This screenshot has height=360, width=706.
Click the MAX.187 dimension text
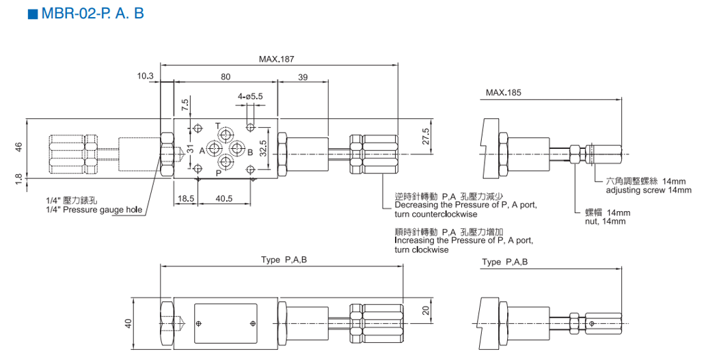(x=276, y=59)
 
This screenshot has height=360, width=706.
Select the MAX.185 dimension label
(x=504, y=92)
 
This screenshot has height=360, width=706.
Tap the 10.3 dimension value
(x=146, y=76)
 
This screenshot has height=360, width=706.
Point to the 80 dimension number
(x=225, y=77)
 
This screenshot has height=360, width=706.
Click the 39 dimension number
(x=303, y=77)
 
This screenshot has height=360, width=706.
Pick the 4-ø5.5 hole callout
(x=250, y=96)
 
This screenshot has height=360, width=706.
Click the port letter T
(x=217, y=126)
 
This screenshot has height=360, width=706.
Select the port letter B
(x=250, y=152)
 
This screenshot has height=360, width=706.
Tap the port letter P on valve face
(x=218, y=174)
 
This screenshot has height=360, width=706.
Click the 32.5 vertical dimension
(x=264, y=148)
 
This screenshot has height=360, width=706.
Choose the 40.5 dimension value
(x=223, y=198)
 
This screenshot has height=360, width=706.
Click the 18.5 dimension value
(x=186, y=198)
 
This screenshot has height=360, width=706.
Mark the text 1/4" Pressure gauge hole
(x=94, y=210)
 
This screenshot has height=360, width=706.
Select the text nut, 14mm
(x=605, y=221)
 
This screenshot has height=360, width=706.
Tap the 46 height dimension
(x=18, y=147)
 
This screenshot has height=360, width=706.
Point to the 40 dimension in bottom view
(x=128, y=323)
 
